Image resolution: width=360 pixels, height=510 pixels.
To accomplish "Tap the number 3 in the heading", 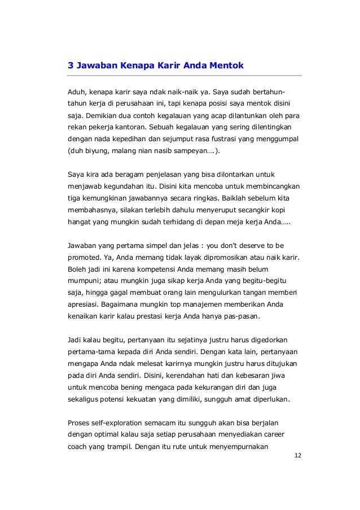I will [x=71, y=66].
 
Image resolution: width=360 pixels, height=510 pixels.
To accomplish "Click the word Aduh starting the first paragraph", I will [x=77, y=91].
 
